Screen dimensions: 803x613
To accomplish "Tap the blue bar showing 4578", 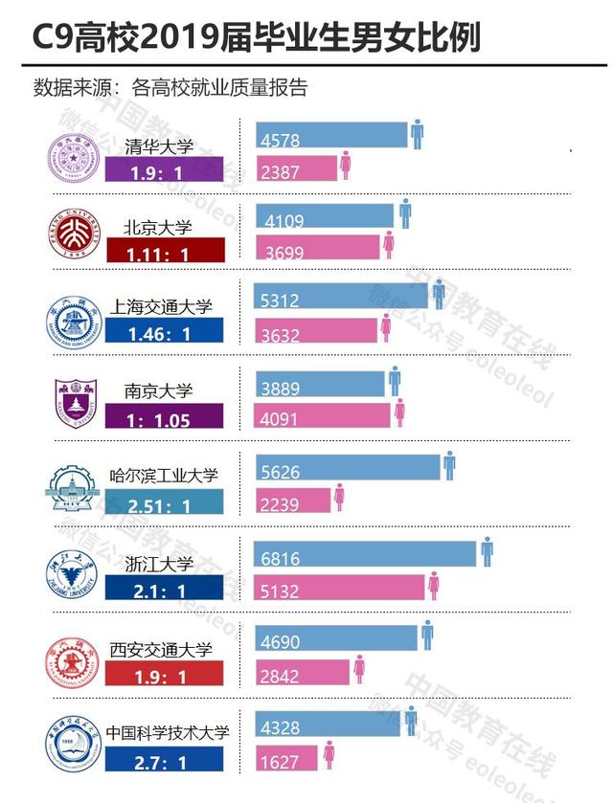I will tap(331, 135).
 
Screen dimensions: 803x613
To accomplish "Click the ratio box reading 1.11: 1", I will tap(164, 252).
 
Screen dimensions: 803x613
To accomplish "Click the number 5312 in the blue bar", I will tap(279, 300).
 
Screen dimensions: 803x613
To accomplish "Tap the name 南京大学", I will tap(159, 390).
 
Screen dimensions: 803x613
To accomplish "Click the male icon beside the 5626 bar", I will tap(449, 466).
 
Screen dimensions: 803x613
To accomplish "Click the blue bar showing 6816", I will tap(366, 553).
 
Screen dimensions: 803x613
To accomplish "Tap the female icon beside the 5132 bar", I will tap(434, 586).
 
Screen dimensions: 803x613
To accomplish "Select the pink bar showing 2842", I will tap(305, 671).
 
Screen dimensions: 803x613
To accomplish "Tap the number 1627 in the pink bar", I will tap(279, 763).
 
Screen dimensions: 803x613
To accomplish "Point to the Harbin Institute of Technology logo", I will tap(73, 487).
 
